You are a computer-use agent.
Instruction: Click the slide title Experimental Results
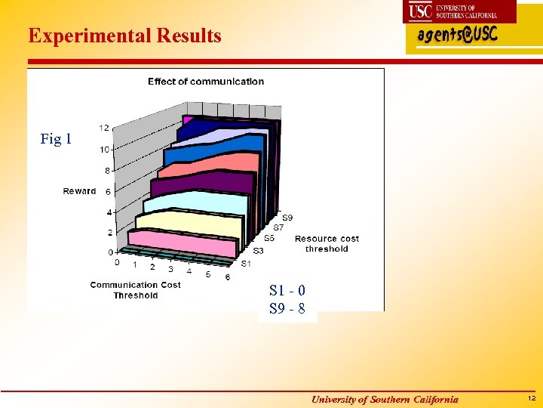(124, 36)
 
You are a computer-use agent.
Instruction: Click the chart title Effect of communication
(206, 82)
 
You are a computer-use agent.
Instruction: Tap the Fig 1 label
(56, 139)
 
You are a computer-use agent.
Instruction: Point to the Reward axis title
(79, 191)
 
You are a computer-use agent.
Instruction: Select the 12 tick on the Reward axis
(104, 128)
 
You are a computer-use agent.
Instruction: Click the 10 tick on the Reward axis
(105, 150)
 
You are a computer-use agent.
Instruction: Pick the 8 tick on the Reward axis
(108, 171)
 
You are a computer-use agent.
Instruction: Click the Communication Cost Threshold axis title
(136, 290)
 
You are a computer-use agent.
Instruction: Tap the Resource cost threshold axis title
(327, 243)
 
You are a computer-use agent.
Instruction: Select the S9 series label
(287, 218)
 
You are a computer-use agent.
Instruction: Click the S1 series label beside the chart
(247, 263)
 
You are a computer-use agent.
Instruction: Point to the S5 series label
(269, 238)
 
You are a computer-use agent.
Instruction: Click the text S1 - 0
(287, 290)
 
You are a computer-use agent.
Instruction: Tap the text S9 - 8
(287, 308)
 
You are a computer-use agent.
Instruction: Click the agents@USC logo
(458, 36)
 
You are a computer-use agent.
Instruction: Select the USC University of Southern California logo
(461, 11)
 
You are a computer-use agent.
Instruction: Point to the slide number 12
(531, 398)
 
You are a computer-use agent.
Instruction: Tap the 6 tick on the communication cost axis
(228, 277)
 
